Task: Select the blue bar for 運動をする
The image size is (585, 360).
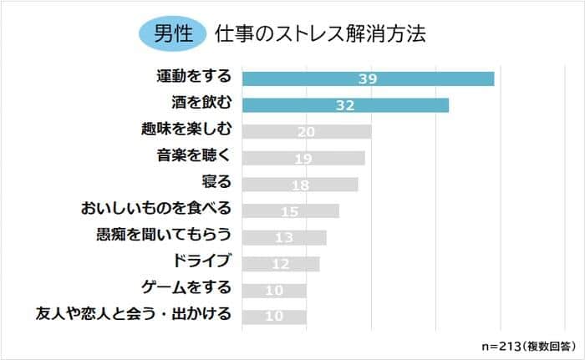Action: (x=368, y=79)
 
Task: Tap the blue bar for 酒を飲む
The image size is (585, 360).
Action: (x=345, y=105)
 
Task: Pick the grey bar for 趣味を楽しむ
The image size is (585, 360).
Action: (x=307, y=132)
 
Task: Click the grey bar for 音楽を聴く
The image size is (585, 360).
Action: (x=303, y=158)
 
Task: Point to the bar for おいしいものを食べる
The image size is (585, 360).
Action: (x=291, y=210)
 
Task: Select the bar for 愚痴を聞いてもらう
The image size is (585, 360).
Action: (x=284, y=237)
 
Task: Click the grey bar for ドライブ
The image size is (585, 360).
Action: (x=281, y=264)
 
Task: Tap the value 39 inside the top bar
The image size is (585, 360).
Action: (x=368, y=79)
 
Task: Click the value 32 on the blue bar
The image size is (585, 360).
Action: (x=345, y=105)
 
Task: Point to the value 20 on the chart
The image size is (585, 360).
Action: (x=307, y=132)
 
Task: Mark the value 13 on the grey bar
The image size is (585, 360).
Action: (x=284, y=237)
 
